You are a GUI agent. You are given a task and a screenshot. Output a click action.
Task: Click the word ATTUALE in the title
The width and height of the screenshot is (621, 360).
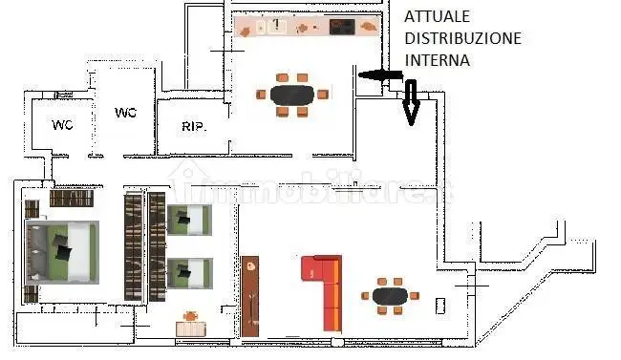[437, 16]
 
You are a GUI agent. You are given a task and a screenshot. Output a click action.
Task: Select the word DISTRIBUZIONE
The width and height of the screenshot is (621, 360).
[462, 38]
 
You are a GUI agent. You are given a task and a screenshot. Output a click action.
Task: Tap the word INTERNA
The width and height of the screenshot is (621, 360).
[437, 59]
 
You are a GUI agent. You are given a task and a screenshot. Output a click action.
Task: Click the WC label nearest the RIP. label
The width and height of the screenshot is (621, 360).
[125, 113]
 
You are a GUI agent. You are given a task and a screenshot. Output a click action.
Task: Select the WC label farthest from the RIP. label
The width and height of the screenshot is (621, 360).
[62, 124]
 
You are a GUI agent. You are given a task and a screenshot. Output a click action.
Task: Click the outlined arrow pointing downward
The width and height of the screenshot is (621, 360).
[411, 102]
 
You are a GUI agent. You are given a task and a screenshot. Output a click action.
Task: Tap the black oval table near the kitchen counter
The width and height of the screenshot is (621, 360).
[292, 95]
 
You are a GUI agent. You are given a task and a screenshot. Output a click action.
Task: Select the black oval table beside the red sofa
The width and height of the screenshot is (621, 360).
[389, 295]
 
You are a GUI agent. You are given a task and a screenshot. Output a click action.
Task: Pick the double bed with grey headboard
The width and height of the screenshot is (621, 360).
[60, 251]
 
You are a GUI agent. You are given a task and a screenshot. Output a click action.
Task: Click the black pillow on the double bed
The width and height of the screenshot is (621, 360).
[63, 250]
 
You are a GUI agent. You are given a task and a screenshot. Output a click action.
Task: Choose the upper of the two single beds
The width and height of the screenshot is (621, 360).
[188, 221]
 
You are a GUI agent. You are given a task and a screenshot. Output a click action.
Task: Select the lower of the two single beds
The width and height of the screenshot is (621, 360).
[188, 272]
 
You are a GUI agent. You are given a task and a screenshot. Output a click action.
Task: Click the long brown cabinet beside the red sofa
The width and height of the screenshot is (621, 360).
[250, 296]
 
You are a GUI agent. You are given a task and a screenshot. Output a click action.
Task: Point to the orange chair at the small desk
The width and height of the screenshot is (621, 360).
[191, 315]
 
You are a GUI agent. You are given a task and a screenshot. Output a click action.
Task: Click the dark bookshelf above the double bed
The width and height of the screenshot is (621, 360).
[71, 200]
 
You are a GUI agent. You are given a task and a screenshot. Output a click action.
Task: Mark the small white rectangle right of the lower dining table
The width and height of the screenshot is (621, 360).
[439, 306]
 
